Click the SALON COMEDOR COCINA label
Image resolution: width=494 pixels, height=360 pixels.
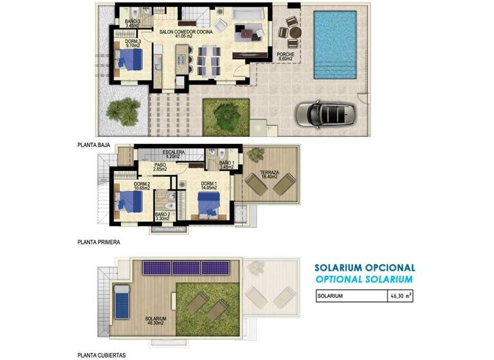tap(187, 30)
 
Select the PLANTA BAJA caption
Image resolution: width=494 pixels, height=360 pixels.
tap(94, 145)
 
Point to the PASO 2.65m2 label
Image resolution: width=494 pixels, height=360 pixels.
tap(161, 166)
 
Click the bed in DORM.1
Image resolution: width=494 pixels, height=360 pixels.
tap(208, 204)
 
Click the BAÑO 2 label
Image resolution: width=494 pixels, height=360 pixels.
tap(161, 216)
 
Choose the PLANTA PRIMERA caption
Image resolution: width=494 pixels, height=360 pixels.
tap(98, 243)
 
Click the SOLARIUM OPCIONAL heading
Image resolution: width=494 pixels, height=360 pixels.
tap(364, 267)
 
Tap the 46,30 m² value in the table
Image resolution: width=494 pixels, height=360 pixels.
tap(401, 296)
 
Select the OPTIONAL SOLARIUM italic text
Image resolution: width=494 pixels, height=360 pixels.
tap(364, 279)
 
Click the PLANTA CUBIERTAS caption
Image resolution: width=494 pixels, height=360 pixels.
tap(101, 354)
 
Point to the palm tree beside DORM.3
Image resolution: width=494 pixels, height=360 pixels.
tap(123, 111)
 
